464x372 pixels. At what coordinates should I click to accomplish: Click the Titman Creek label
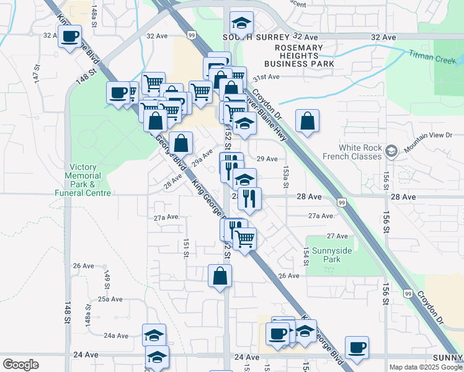point(432,55)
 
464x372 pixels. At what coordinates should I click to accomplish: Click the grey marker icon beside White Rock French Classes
point(391,151)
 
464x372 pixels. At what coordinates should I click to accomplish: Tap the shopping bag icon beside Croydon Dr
point(307,122)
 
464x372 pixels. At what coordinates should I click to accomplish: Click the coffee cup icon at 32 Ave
point(69,36)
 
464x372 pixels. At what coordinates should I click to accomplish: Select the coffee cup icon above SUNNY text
point(356,348)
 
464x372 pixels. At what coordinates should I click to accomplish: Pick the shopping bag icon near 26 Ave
point(220,276)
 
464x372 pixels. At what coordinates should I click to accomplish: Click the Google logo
point(20,365)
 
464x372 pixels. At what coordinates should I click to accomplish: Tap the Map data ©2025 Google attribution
point(426,367)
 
